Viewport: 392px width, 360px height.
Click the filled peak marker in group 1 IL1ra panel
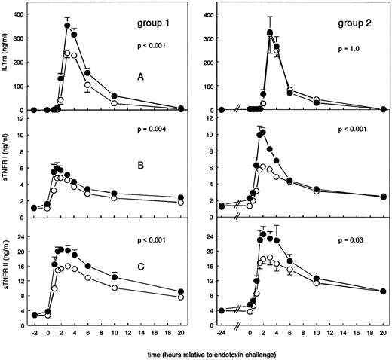(67, 26)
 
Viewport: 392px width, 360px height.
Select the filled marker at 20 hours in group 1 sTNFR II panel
(181, 292)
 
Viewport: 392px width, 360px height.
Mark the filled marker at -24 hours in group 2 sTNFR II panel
(221, 310)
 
